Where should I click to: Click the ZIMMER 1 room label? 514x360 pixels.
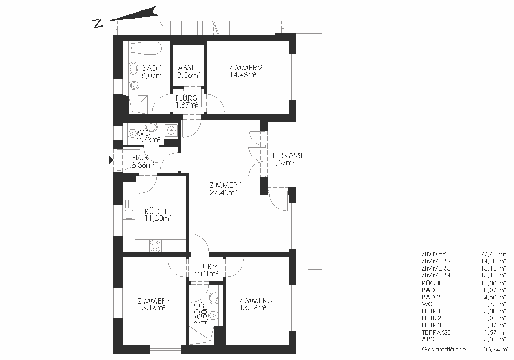pyautogui.click(x=226, y=185)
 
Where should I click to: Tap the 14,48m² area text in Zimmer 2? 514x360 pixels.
pyautogui.click(x=243, y=75)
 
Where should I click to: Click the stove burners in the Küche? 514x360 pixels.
pyautogui.click(x=155, y=246)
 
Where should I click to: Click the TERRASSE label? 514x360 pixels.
pyautogui.click(x=288, y=155)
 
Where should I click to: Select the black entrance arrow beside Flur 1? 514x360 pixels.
pyautogui.click(x=111, y=160)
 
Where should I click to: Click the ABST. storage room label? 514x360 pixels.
pyautogui.click(x=187, y=68)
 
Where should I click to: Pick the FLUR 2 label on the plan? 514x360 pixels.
pyautogui.click(x=206, y=267)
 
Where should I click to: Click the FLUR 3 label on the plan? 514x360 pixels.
pyautogui.click(x=186, y=98)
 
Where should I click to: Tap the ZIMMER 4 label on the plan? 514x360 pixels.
pyautogui.click(x=154, y=301)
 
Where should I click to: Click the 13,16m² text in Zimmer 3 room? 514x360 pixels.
pyautogui.click(x=252, y=308)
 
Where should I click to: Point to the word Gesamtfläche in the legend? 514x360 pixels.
pyautogui.click(x=444, y=350)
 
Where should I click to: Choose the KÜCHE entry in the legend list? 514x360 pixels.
pyautogui.click(x=432, y=283)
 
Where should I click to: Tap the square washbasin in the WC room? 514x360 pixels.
pyautogui.click(x=171, y=130)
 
